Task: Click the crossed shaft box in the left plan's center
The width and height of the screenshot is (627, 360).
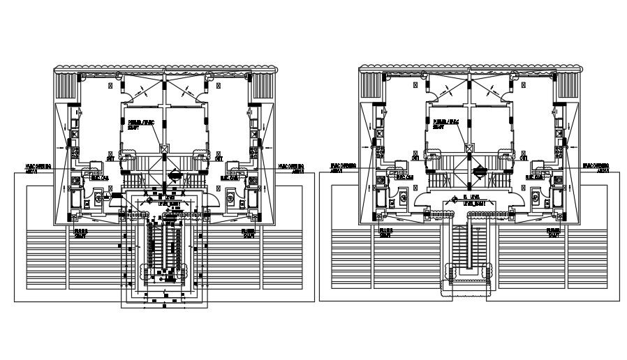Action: [x=165, y=148]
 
